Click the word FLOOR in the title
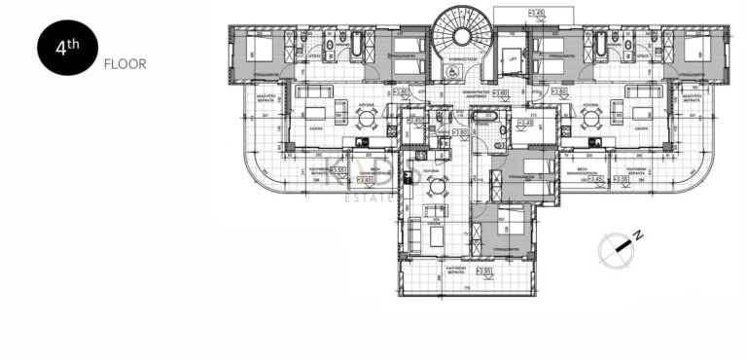click(124, 65)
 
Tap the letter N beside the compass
click(638, 235)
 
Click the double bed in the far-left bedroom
click(258, 46)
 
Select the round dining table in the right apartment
click(590, 116)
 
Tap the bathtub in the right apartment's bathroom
click(598, 45)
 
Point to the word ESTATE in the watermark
click(371, 198)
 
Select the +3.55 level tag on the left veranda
click(339, 170)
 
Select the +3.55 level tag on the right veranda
click(622, 179)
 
